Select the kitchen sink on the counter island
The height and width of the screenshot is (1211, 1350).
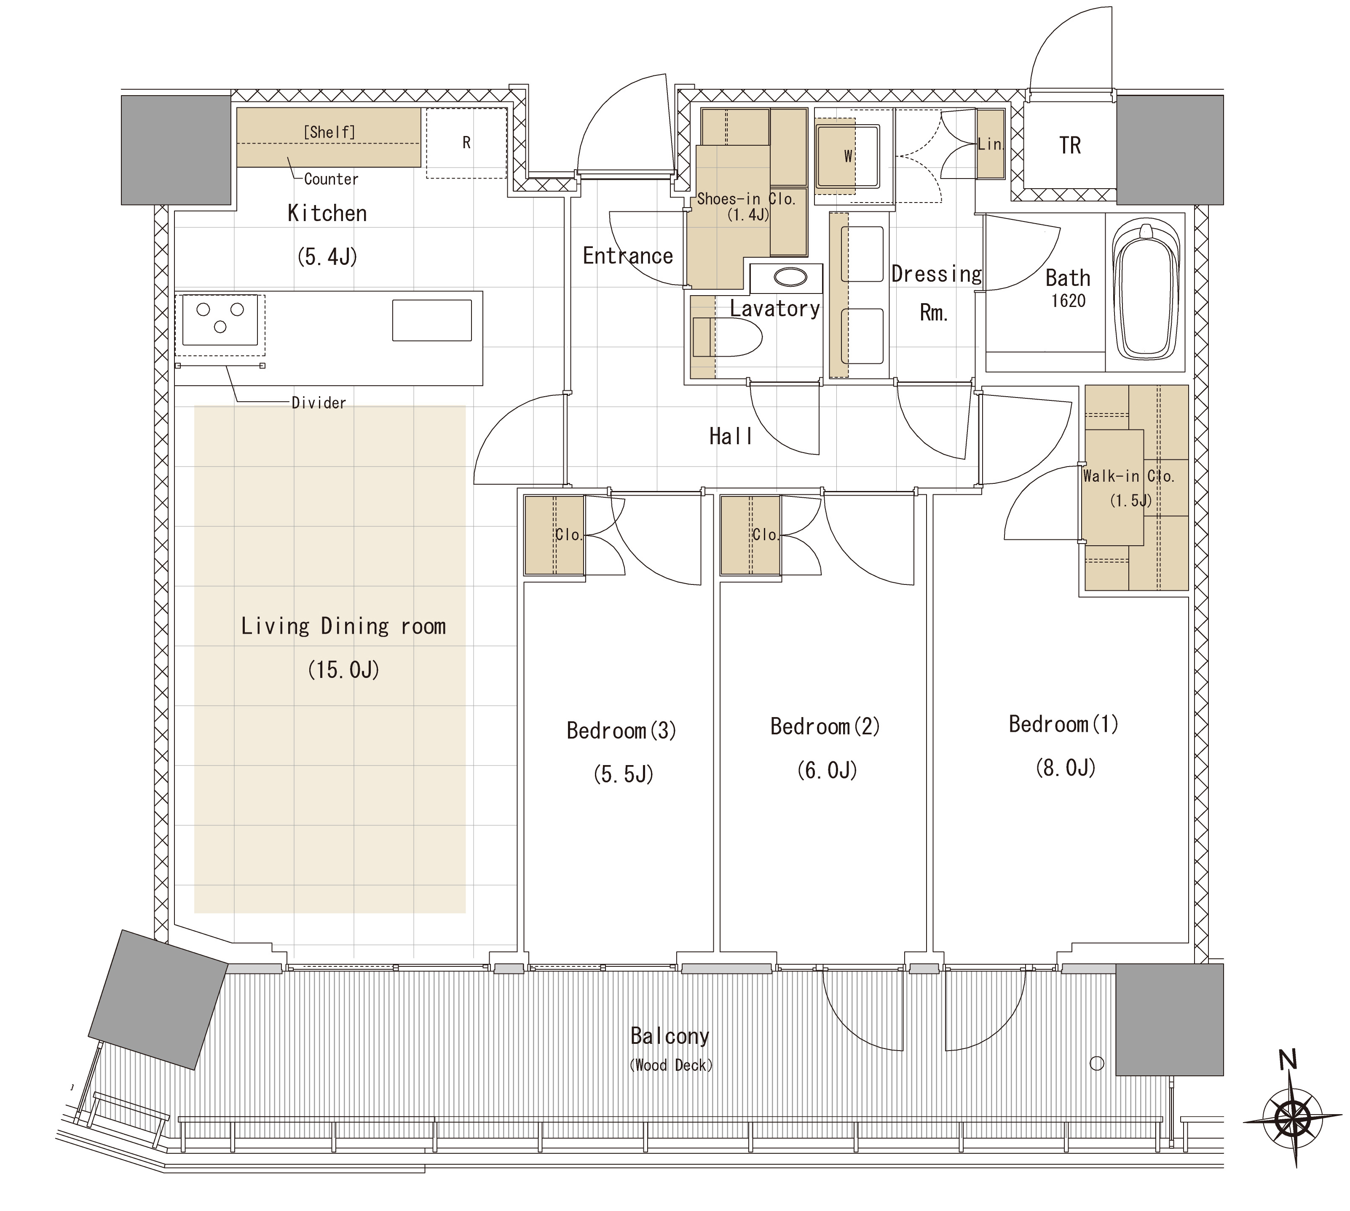(x=432, y=320)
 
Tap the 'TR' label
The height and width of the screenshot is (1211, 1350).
(x=1070, y=145)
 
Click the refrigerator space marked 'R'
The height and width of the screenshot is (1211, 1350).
(x=466, y=143)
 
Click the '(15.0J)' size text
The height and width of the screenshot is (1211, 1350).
(x=343, y=670)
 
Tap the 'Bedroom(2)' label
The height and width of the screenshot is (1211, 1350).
(x=825, y=726)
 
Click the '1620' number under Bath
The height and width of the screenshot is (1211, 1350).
(x=1069, y=301)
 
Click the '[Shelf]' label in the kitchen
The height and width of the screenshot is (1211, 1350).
(x=329, y=132)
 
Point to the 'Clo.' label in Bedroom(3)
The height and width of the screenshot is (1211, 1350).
(x=568, y=534)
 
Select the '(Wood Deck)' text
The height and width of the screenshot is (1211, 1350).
(x=671, y=1065)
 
